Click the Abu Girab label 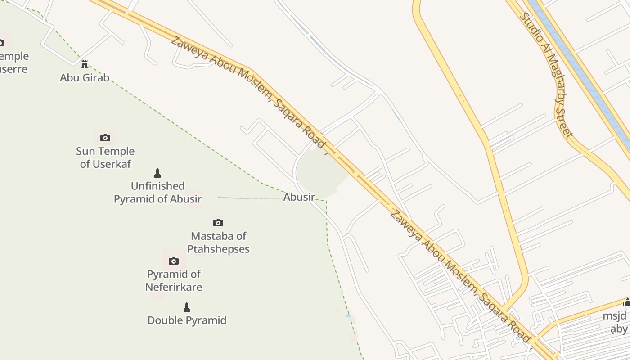pos(85,77)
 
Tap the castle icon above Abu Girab pos(84,64)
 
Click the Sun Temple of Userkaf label pos(105,157)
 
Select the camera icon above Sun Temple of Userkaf pos(105,138)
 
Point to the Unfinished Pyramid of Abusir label pos(157,192)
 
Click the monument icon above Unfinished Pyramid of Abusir pos(157,173)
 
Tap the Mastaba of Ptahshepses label pos(218,242)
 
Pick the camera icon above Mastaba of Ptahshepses pos(218,223)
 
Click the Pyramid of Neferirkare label pos(174,280)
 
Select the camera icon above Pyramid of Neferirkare pos(174,261)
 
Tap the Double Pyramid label pos(187,320)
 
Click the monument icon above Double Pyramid pos(187,307)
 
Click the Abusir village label pos(299,197)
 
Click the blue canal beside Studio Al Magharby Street pos(580,67)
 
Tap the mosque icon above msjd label pos(626,302)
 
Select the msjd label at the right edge pos(615,316)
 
